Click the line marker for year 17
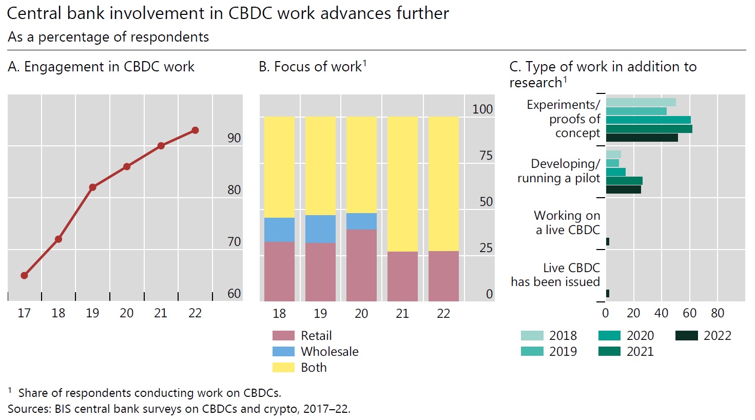coord(24,276)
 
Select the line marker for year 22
coord(195,130)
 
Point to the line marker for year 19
coord(92,187)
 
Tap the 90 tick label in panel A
coord(234,138)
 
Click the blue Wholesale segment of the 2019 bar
coord(320,229)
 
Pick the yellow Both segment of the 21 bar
coord(402,184)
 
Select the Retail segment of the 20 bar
coord(361,265)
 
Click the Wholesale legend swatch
coord(283,352)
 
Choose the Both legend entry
coord(314,368)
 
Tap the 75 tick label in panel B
coord(486,156)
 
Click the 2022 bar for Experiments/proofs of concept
coord(642,138)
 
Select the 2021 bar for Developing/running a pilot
coord(624,181)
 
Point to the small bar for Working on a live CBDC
coord(608,242)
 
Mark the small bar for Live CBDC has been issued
coord(608,294)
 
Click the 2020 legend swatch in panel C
coord(609,336)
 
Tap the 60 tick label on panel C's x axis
coord(689,313)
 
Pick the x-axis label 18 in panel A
coord(59,313)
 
